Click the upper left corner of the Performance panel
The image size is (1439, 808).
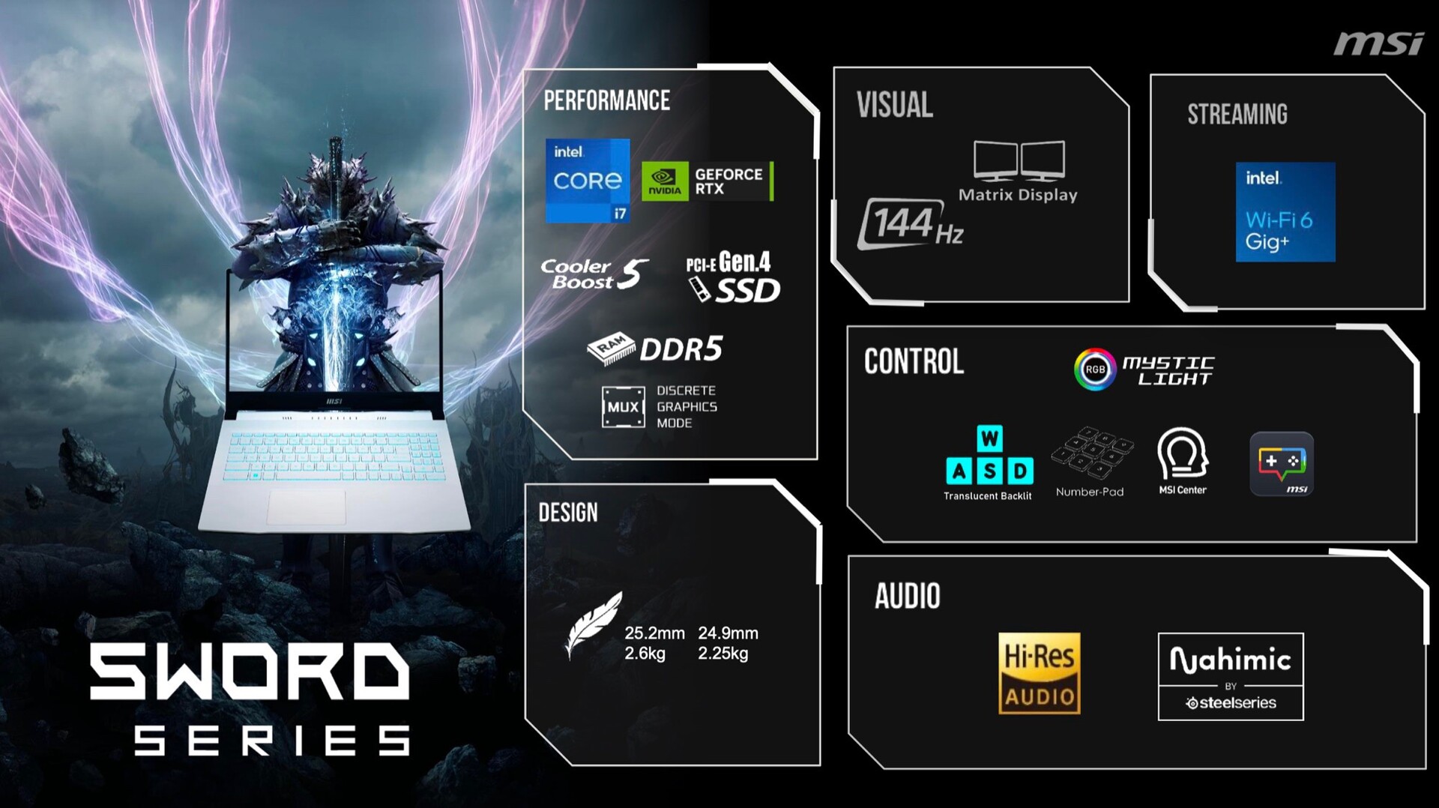coord(524,70)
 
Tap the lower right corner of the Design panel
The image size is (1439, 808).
coord(819,765)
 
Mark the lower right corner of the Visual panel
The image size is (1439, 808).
coord(1128,301)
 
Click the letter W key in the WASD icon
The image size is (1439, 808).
coord(989,438)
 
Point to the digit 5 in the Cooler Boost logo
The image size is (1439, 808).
coord(633,274)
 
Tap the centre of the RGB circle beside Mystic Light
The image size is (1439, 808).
coord(1095,369)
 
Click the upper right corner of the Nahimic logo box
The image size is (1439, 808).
coord(1303,634)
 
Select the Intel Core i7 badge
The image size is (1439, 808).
coord(588,181)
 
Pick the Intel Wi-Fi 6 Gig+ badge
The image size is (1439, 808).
coord(1285,212)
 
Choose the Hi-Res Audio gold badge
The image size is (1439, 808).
coord(1040,673)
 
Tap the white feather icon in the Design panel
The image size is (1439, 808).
coord(593,624)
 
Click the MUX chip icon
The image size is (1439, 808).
coord(623,407)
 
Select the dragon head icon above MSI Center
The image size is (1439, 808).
coord(1183,453)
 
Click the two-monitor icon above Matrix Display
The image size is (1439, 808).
coord(1019,160)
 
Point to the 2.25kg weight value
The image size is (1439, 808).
coord(722,654)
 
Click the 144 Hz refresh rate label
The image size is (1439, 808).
coord(910,224)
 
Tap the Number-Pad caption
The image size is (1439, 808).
coord(1090,492)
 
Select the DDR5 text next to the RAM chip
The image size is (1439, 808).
coord(681,349)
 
